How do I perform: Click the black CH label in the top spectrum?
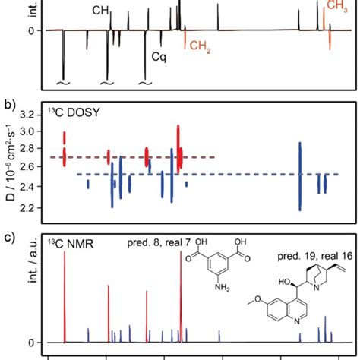coord(100,11)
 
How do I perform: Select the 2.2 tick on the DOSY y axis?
coord(28,207)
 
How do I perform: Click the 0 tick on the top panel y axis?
coord(33,30)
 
